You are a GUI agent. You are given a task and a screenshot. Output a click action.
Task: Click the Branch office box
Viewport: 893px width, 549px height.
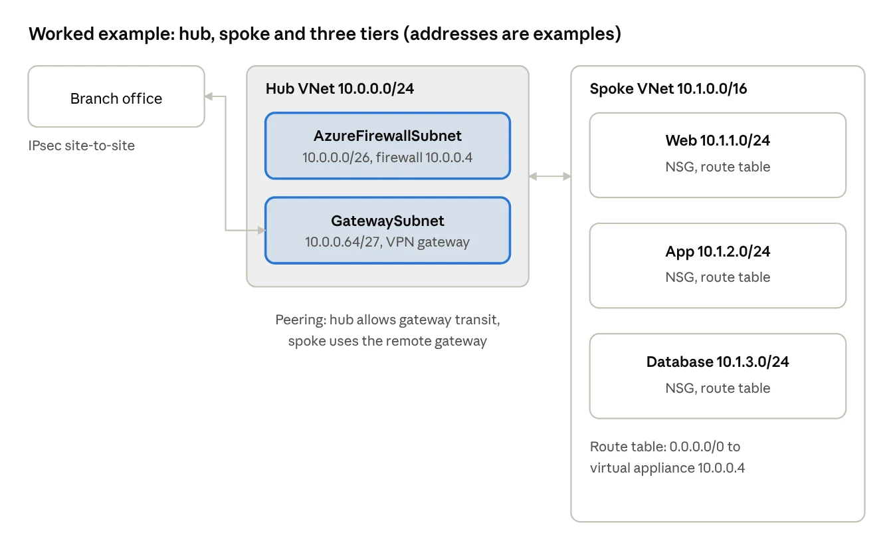(x=116, y=96)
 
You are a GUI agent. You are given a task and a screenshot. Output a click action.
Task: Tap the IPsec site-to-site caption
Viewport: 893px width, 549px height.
(x=81, y=146)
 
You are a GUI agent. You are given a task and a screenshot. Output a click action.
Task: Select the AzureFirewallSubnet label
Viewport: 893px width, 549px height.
(x=387, y=136)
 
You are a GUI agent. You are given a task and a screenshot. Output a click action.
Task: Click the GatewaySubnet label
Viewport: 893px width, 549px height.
(x=387, y=221)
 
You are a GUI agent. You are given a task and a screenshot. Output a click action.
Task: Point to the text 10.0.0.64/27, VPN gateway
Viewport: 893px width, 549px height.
(x=387, y=242)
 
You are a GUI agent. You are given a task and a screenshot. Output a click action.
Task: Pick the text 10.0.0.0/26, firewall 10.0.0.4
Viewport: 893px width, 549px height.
(x=387, y=158)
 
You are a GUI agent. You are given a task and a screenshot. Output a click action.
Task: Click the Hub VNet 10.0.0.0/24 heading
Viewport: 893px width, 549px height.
(x=340, y=88)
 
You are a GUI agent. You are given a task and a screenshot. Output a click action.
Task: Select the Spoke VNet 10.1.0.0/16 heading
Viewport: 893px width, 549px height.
(x=668, y=88)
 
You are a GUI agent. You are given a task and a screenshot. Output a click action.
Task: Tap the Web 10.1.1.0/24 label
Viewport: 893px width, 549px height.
(x=718, y=140)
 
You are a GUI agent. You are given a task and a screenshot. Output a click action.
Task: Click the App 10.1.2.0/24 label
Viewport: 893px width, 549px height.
(x=718, y=252)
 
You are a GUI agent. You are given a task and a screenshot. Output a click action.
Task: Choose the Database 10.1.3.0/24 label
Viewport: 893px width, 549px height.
(x=718, y=362)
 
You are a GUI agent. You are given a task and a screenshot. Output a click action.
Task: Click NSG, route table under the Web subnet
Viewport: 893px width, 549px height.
(x=718, y=167)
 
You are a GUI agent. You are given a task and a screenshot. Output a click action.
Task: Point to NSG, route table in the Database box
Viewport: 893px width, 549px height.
(x=718, y=388)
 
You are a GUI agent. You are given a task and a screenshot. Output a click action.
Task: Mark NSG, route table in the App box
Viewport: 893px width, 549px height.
(x=718, y=277)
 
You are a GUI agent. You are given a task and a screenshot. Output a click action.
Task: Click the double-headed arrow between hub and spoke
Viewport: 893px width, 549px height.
(x=549, y=176)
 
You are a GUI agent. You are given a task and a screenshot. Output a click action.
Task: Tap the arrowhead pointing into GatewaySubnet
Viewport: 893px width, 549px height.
(x=262, y=230)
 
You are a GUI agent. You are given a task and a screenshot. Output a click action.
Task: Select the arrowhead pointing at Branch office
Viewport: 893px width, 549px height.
(x=209, y=96)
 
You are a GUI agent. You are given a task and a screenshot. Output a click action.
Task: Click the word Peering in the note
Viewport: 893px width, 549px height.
(x=300, y=320)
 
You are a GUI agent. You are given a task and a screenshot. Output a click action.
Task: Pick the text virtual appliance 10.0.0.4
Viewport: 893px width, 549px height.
(x=667, y=468)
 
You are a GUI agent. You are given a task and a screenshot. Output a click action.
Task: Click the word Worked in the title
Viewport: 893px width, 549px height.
(x=61, y=33)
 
